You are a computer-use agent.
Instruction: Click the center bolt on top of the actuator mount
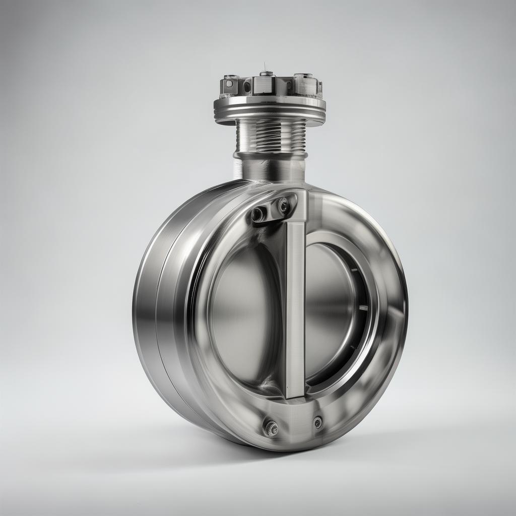coord(266,74)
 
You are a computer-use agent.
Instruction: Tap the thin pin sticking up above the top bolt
coord(264,67)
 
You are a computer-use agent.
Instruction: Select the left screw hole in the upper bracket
coord(257,214)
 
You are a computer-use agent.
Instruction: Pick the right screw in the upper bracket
coord(283,206)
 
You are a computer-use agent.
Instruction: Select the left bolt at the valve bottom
coord(271,428)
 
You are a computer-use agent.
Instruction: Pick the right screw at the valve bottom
coord(317,422)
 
